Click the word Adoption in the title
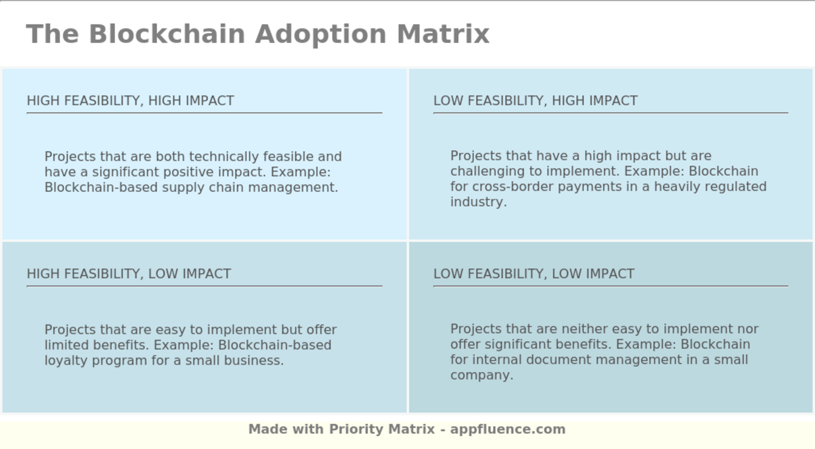321,34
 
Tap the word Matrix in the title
443,34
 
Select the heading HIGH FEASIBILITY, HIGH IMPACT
130,101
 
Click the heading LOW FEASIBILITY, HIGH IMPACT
536,101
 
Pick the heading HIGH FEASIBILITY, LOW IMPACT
129,274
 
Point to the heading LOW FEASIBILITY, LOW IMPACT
534,274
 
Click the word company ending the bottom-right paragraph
481,375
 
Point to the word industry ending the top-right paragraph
477,202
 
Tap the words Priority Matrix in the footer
382,429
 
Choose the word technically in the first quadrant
224,157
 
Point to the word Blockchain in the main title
167,34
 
